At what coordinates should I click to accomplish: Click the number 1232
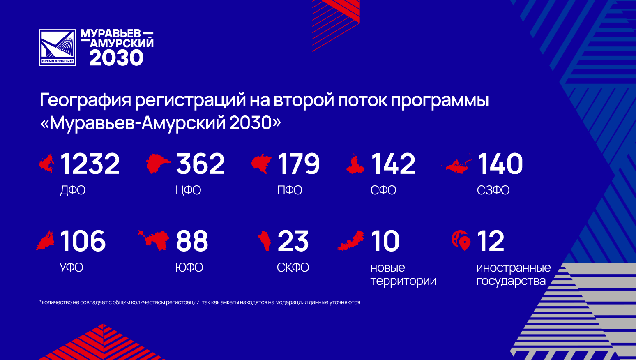(x=90, y=164)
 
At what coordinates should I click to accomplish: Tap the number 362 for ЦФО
(x=200, y=164)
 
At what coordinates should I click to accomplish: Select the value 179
(x=298, y=164)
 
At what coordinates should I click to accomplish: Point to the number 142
(x=393, y=164)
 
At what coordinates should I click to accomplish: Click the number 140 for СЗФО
(x=500, y=164)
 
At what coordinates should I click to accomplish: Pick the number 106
(x=83, y=241)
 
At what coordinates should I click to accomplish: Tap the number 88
(x=192, y=241)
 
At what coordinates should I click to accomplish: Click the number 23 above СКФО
(x=293, y=241)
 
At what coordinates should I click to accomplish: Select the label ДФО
(x=73, y=190)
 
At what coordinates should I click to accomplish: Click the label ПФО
(x=290, y=190)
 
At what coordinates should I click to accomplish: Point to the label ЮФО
(x=189, y=268)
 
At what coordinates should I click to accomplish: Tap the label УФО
(x=71, y=268)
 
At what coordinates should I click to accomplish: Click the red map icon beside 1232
(x=47, y=163)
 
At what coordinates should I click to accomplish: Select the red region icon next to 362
(x=158, y=164)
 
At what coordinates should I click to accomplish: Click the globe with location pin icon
(x=461, y=240)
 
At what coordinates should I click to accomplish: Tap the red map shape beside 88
(x=154, y=240)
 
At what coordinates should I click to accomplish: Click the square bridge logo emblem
(x=58, y=47)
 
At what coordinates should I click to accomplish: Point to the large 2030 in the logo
(x=116, y=58)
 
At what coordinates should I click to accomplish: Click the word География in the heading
(x=85, y=101)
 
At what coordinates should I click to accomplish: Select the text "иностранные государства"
(x=514, y=274)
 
